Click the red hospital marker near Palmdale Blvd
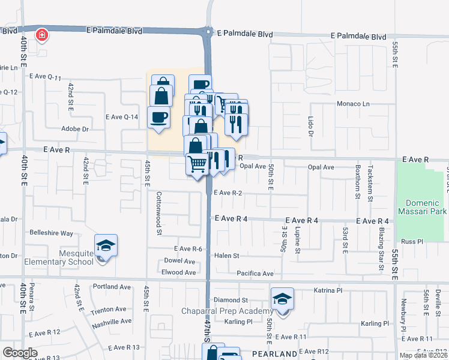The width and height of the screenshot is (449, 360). click(x=41, y=35)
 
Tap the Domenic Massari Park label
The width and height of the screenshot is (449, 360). click(x=422, y=208)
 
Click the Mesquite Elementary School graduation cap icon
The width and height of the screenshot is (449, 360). click(x=106, y=245)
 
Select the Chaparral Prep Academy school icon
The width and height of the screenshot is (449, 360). click(x=282, y=299)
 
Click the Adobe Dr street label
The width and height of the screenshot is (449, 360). click(x=75, y=129)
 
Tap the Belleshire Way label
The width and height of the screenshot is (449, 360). click(x=52, y=233)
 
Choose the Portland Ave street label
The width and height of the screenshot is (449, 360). click(x=112, y=287)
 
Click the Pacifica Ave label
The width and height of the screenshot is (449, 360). click(x=255, y=273)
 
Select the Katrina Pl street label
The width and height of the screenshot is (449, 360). click(x=328, y=290)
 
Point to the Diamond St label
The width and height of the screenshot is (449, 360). click(x=231, y=300)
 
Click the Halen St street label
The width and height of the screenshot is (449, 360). click(x=227, y=256)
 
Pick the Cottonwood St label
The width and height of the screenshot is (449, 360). click(x=159, y=212)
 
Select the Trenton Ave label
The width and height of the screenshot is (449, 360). click(x=109, y=310)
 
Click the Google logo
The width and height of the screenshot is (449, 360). click(x=20, y=353)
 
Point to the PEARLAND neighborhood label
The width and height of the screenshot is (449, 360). click(x=274, y=354)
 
